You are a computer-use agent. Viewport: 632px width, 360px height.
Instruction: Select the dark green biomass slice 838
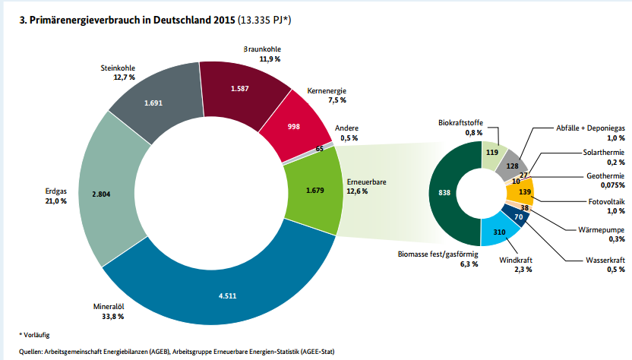point(446,193)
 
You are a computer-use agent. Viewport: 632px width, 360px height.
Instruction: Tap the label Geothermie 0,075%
point(605,179)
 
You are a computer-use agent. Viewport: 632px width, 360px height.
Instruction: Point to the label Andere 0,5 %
point(346,132)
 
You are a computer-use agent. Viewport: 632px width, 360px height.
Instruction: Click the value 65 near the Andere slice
point(319,149)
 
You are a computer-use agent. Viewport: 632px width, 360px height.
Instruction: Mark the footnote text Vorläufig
point(36,334)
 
